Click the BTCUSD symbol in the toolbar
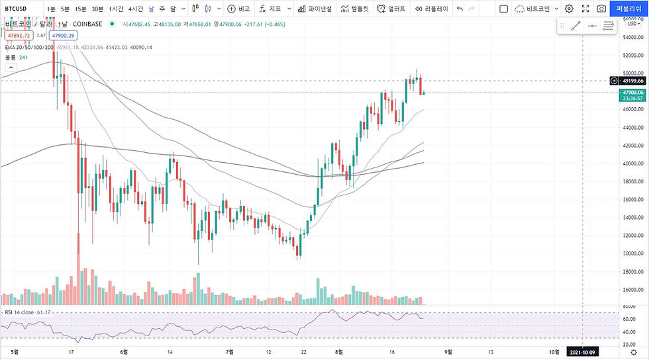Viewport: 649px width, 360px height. tap(16, 9)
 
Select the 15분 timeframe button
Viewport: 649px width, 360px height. tap(80, 9)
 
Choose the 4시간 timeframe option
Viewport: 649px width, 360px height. tap(136, 9)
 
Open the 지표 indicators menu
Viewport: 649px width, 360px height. tap(271, 9)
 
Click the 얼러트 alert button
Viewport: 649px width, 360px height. tap(391, 9)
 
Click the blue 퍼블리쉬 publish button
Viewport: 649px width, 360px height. tap(628, 9)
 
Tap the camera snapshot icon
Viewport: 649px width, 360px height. tap(601, 9)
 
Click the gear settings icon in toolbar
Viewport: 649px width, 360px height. tap(569, 9)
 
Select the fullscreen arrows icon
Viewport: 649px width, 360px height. tap(585, 9)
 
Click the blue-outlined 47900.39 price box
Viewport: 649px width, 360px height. tap(64, 36)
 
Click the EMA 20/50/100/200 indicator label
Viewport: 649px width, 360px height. tap(28, 47)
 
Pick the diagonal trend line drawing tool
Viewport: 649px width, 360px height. tap(575, 26)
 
